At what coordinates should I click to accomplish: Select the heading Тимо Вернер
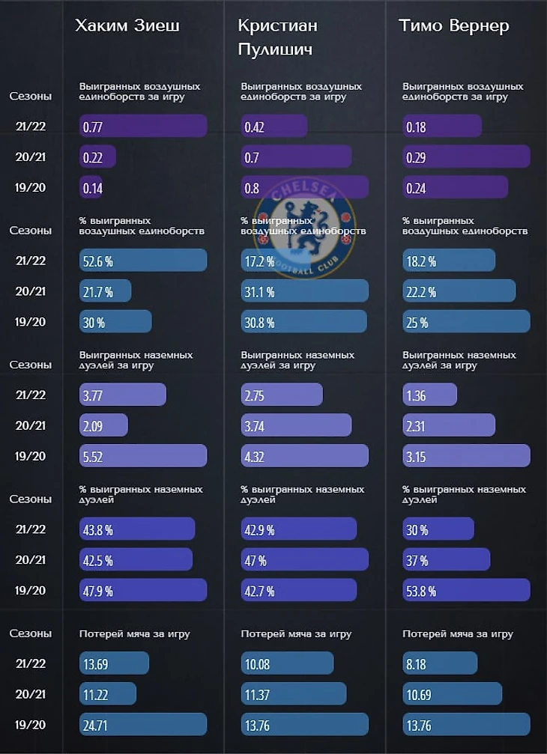(x=454, y=25)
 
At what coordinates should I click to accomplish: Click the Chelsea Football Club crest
(x=305, y=225)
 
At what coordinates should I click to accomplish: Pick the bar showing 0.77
(x=142, y=127)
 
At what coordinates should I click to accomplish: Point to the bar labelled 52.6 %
(x=142, y=261)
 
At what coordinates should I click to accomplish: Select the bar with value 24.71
(x=142, y=724)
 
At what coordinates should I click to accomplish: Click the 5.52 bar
(x=142, y=455)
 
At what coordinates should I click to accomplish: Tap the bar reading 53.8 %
(x=466, y=590)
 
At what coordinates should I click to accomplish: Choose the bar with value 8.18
(x=440, y=663)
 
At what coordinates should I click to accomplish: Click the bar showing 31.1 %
(x=304, y=291)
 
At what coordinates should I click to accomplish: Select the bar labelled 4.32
(x=304, y=455)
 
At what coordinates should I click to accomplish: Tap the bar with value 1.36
(x=429, y=395)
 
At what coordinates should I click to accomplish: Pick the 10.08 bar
(x=287, y=663)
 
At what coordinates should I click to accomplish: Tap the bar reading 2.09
(x=103, y=425)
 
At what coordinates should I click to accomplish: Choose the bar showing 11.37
(x=294, y=693)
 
